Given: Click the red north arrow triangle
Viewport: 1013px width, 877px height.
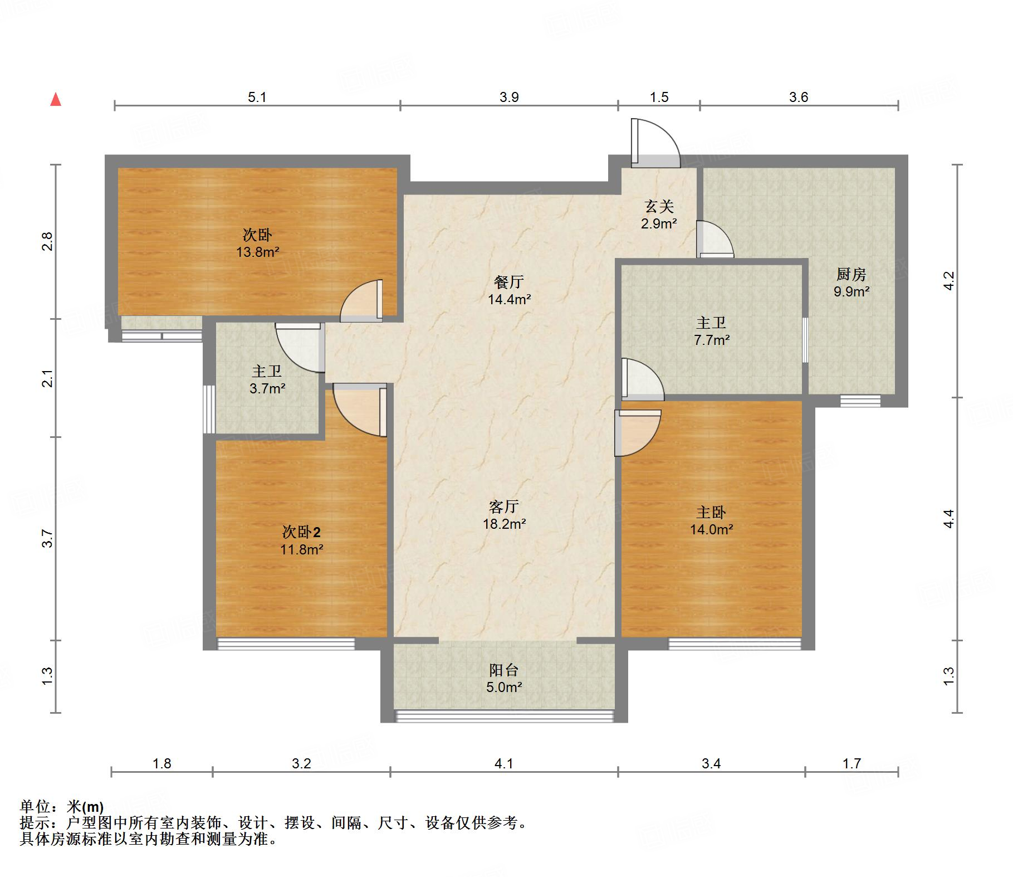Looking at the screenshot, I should [56, 100].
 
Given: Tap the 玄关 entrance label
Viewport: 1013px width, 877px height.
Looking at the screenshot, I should [659, 207].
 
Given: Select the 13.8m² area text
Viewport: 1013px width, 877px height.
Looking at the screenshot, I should [257, 252].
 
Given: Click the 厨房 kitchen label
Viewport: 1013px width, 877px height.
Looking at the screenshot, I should [851, 274].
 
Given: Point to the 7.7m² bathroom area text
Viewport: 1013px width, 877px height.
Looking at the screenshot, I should [711, 340].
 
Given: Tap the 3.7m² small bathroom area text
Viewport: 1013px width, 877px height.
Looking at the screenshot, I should [267, 388].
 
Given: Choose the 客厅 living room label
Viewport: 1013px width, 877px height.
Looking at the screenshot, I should [504, 506].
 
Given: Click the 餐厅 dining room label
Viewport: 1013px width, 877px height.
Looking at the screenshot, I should [508, 282].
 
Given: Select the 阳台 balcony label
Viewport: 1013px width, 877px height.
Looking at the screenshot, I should [504, 670].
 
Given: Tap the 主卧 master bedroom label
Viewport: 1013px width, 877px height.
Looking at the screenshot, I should [711, 512].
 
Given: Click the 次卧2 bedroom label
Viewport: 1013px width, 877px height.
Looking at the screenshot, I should [301, 532].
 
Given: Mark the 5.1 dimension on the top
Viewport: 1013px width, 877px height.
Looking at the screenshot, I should [257, 98].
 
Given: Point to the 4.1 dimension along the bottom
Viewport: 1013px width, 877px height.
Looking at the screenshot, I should [503, 763].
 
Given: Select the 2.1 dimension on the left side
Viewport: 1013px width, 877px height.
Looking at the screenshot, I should [48, 378].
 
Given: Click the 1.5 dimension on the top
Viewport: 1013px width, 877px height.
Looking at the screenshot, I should [659, 98].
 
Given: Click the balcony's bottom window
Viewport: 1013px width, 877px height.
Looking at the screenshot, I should [504, 716].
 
